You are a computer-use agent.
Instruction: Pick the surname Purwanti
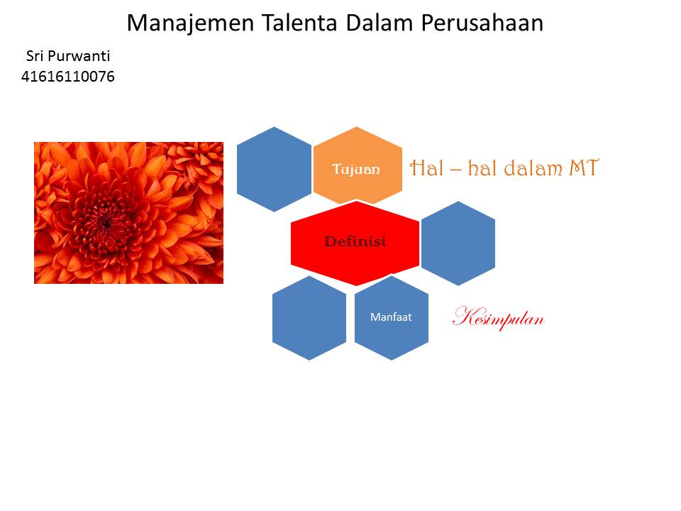click(79, 56)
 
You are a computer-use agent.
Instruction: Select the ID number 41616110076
click(68, 76)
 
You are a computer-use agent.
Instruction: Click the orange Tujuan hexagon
click(357, 169)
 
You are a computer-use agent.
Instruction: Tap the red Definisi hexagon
click(355, 242)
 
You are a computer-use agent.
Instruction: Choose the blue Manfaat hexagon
click(391, 317)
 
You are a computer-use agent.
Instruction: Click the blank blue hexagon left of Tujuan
click(274, 169)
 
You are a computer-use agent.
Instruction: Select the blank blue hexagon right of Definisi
click(458, 243)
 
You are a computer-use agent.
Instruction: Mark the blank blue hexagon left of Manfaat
click(309, 317)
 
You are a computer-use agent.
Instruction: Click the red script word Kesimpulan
click(498, 318)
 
